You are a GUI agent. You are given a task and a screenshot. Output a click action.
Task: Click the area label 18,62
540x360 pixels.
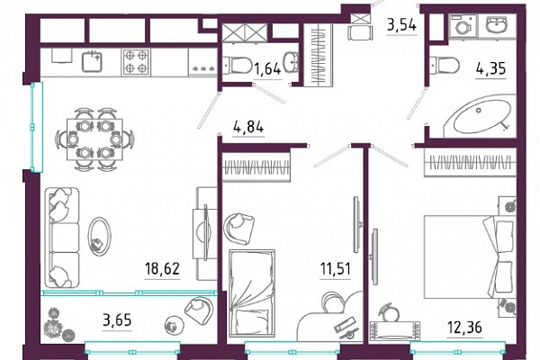163,269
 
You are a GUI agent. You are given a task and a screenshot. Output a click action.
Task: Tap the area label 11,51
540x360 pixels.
336,268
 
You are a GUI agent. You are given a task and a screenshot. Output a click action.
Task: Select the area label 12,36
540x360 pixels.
464,327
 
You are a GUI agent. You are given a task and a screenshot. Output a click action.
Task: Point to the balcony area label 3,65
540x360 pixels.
117,320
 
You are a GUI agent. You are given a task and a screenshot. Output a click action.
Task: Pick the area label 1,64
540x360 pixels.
267,69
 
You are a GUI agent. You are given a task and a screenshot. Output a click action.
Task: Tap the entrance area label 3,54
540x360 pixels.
402,25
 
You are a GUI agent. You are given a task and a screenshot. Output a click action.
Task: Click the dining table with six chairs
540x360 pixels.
94,139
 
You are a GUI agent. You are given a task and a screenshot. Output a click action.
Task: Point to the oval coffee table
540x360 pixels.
100,237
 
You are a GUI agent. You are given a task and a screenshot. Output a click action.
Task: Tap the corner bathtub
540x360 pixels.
481,116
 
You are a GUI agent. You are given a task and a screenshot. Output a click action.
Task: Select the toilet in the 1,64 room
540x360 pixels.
238,66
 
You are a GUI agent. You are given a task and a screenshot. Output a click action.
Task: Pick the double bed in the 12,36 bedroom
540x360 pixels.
470,256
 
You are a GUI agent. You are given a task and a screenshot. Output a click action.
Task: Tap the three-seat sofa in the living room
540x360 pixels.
62,238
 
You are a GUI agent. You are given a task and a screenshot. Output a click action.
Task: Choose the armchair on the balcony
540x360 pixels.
200,309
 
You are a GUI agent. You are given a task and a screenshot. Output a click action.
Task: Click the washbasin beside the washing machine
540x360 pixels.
496,24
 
